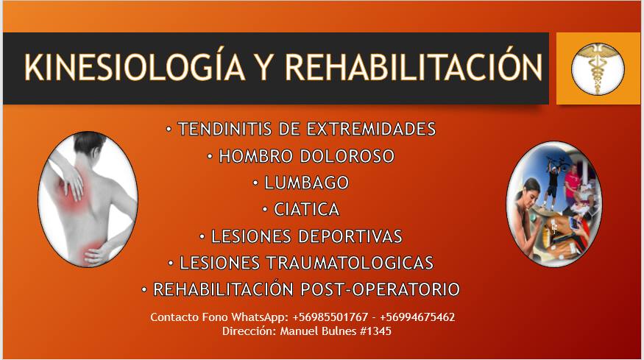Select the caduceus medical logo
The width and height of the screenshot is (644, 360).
(598, 69)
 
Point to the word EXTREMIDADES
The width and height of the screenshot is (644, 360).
(371, 129)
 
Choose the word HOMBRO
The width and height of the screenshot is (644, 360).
(255, 156)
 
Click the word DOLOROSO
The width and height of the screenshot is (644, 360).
(347, 156)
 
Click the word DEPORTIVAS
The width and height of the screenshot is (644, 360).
(350, 236)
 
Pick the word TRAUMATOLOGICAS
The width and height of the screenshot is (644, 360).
(350, 263)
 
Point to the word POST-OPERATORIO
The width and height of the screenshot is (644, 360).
(381, 290)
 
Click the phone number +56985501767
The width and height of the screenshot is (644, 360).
(330, 317)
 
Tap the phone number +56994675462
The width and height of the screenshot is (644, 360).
(417, 317)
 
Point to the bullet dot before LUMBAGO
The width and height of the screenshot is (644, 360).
(255, 183)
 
